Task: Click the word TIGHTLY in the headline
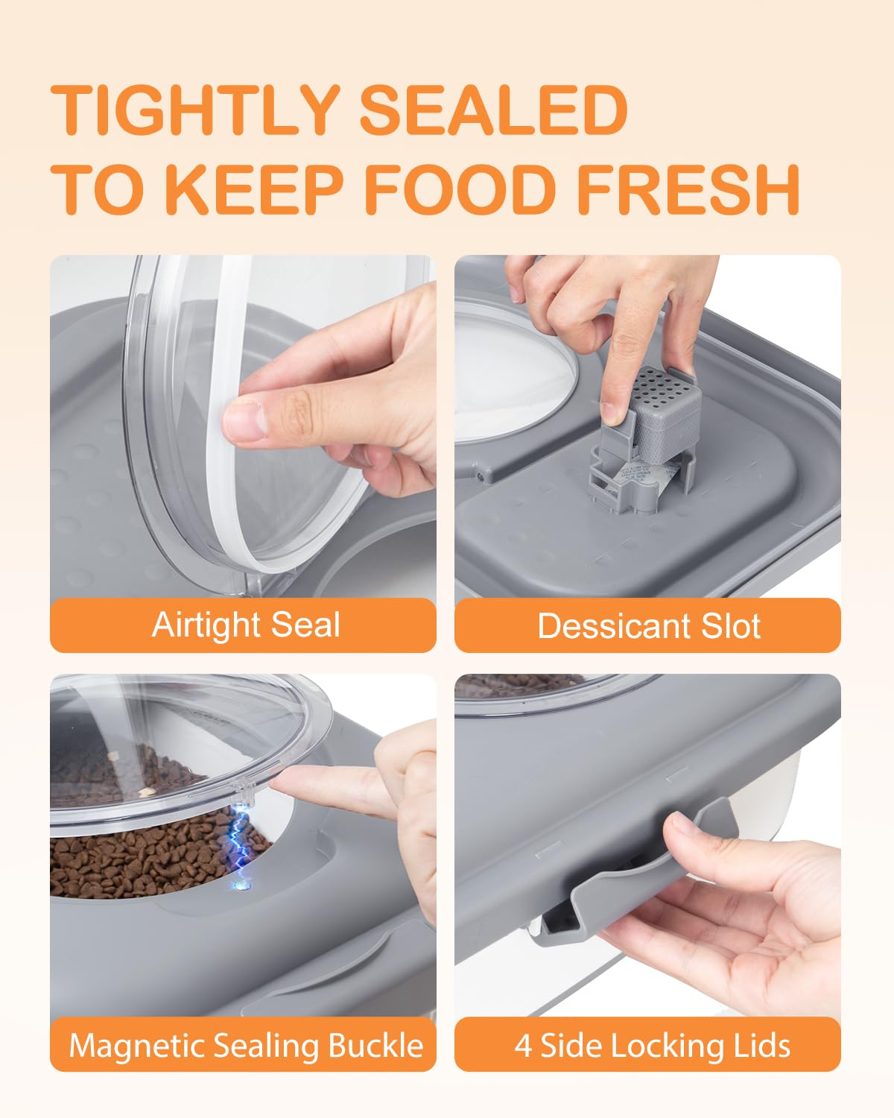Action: click(195, 110)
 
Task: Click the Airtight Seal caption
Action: click(245, 625)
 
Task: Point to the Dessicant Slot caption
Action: click(648, 626)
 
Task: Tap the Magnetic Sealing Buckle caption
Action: click(245, 1045)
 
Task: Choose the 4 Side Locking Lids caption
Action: click(652, 1045)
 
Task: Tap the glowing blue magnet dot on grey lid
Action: click(240, 886)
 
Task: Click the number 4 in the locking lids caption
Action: click(523, 1045)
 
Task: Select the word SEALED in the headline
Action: click(493, 110)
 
